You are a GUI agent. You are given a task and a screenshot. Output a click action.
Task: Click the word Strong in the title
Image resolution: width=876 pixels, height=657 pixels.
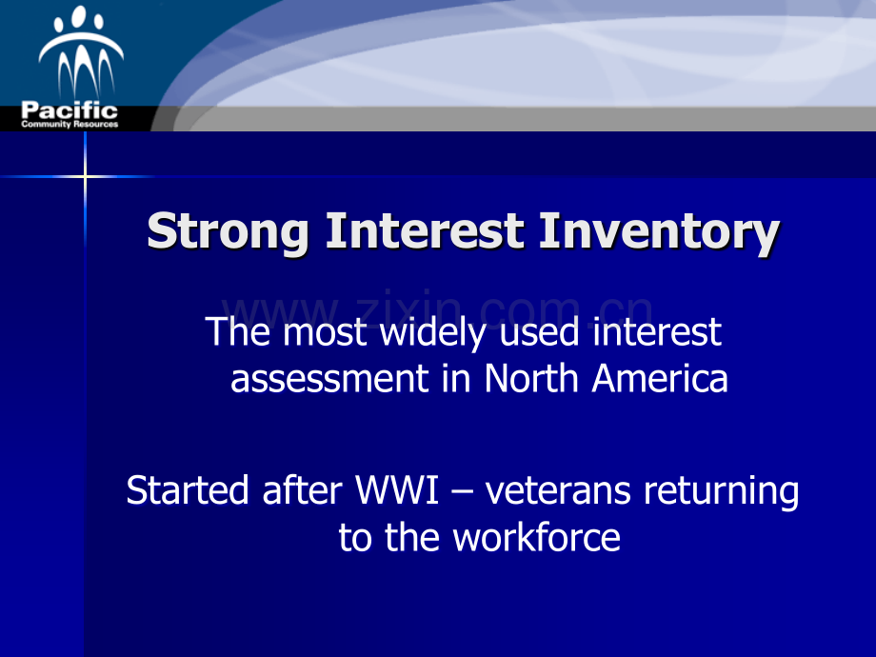pyautogui.click(x=229, y=233)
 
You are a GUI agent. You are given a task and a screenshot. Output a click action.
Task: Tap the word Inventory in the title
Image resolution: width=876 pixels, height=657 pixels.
pyautogui.click(x=659, y=233)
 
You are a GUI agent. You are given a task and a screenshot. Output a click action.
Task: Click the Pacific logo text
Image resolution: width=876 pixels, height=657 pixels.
pyautogui.click(x=70, y=111)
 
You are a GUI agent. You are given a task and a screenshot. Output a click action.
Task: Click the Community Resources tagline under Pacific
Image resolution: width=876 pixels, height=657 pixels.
pyautogui.click(x=70, y=124)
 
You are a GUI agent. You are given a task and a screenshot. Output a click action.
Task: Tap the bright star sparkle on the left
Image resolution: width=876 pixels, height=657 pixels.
pyautogui.click(x=85, y=176)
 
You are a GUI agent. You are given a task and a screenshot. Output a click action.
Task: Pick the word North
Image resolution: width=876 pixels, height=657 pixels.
pyautogui.click(x=533, y=379)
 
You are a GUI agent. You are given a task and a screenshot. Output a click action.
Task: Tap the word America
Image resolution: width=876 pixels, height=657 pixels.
pyautogui.click(x=660, y=379)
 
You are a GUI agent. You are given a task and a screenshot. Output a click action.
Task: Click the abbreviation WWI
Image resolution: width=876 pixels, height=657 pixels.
pyautogui.click(x=396, y=490)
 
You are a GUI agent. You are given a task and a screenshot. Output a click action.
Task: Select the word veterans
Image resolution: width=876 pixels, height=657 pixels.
pyautogui.click(x=560, y=490)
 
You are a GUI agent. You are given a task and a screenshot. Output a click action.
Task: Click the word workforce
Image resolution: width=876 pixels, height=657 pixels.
pyautogui.click(x=536, y=538)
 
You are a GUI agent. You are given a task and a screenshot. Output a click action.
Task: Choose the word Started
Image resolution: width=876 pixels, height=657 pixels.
pyautogui.click(x=188, y=490)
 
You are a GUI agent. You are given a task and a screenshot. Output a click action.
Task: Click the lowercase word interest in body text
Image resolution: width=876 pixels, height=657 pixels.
pyautogui.click(x=657, y=332)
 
